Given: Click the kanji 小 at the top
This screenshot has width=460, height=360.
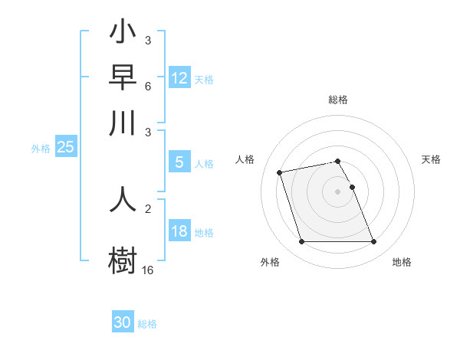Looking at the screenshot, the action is (123, 34).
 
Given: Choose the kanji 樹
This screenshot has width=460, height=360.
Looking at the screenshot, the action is (123, 257).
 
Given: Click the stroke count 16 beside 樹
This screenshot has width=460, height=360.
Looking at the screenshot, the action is (148, 270).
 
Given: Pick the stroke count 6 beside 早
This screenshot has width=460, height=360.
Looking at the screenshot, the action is (148, 86).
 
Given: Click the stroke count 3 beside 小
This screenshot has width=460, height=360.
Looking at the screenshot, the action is (148, 40).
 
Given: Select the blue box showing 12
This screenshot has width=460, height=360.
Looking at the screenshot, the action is (179, 77).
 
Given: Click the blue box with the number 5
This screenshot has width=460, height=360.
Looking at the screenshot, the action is (179, 162).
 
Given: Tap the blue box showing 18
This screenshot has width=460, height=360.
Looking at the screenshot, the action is (179, 231).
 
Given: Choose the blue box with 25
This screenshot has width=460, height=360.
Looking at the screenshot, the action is (65, 147).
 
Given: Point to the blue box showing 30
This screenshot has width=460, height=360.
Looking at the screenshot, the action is (123, 322).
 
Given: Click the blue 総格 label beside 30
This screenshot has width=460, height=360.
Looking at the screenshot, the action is (147, 324).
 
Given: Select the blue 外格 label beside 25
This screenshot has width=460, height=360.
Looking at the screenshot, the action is (41, 149).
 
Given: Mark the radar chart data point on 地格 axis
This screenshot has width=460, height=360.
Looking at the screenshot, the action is (373, 242).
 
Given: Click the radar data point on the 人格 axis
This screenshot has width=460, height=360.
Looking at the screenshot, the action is (280, 172).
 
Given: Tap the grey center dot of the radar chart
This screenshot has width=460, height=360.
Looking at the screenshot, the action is (338, 191).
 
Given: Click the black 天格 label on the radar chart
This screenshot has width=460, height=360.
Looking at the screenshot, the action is (432, 159).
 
